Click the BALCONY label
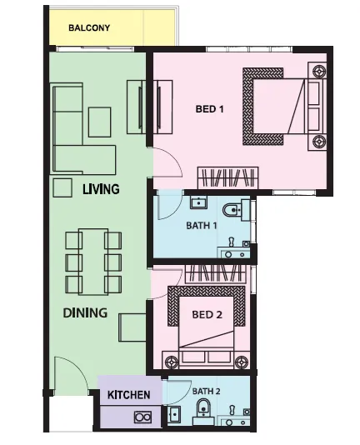89,27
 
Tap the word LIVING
101,189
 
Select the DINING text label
85,312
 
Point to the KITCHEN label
128,395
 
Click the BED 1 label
209,109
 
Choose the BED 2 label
207,314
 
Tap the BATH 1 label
202,226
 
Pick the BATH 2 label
206,392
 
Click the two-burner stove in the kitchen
142,417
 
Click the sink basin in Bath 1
198,202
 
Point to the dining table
93,262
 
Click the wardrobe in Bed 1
227,177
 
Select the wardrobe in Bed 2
216,274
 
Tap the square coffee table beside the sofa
99,122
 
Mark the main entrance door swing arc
76,365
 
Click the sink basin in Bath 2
173,415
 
